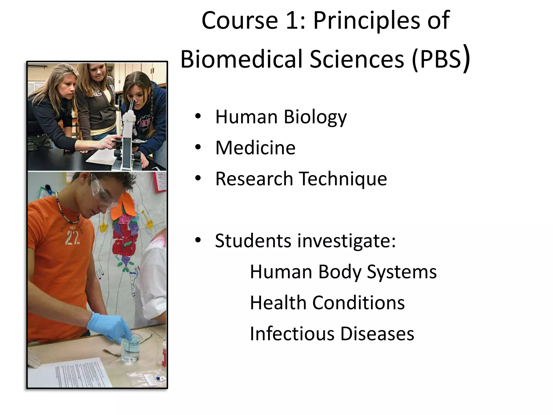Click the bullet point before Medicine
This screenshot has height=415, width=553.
pyautogui.click(x=198, y=148)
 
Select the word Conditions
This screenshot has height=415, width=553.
pyautogui.click(x=358, y=303)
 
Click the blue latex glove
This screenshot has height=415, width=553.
pyautogui.click(x=111, y=327)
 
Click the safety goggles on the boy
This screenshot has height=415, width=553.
pyautogui.click(x=104, y=190)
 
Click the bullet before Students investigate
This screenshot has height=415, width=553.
pyautogui.click(x=198, y=240)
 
